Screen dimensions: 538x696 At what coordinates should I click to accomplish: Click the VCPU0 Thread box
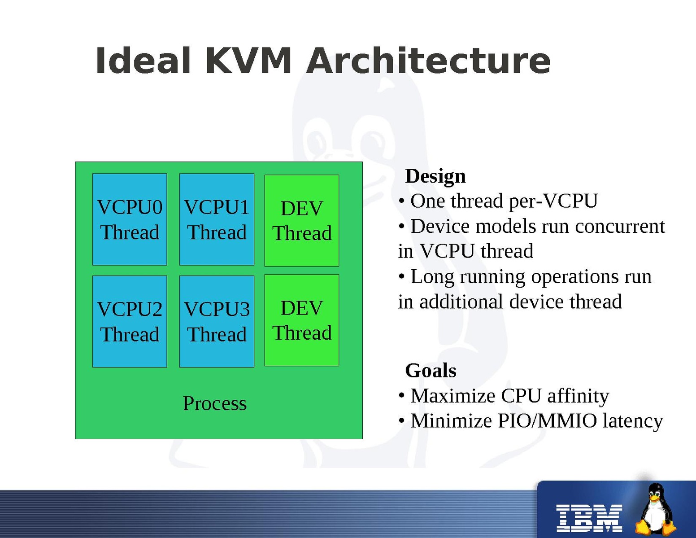(130, 219)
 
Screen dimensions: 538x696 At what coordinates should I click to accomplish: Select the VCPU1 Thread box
(217, 219)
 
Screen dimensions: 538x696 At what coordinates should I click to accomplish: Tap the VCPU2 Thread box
(130, 321)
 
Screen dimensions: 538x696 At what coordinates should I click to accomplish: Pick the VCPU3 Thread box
(217, 321)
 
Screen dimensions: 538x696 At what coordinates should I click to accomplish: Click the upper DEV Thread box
(302, 220)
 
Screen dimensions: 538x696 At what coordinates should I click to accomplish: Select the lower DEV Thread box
(302, 320)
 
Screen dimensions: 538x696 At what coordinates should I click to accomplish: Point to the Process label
(214, 403)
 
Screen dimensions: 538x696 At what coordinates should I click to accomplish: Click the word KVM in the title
(248, 61)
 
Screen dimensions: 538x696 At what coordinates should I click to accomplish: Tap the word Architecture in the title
(428, 61)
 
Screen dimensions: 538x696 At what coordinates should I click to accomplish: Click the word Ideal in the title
(144, 61)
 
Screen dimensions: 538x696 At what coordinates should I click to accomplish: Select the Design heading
(435, 176)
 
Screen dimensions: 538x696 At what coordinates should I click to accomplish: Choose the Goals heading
(431, 371)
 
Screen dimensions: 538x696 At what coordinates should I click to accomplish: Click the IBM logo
(589, 518)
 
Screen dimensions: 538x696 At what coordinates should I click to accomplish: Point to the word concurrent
(620, 226)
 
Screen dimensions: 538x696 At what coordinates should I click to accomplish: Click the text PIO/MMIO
(547, 421)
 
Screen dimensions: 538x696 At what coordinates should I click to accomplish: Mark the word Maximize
(452, 396)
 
